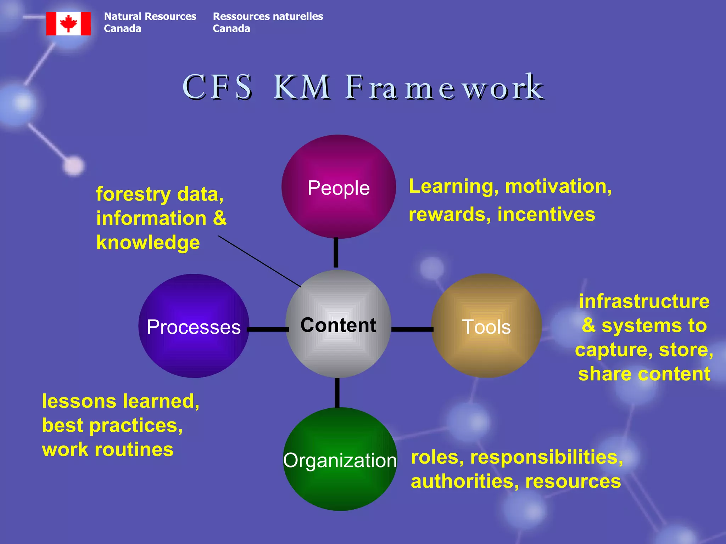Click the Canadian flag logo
tap(68, 24)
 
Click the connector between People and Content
tap(336, 253)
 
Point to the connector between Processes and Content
tap(268, 329)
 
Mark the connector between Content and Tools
tap(412, 329)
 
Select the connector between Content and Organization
tap(337, 393)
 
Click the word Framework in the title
tap(444, 87)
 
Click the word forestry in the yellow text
tap(133, 194)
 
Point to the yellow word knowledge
tap(148, 243)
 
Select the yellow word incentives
tap(546, 215)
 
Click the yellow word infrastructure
tap(644, 301)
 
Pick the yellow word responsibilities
tap(546, 457)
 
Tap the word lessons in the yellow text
tap(79, 401)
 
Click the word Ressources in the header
tap(241, 17)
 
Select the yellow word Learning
tap(454, 186)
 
